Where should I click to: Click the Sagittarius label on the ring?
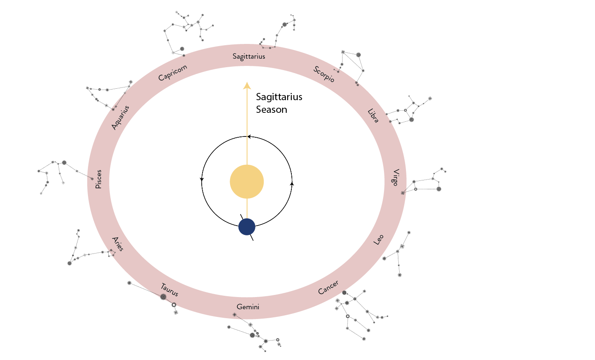tap(249, 56)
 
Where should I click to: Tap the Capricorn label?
tap(173, 73)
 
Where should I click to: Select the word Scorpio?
tap(324, 74)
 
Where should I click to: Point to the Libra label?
tap(373, 116)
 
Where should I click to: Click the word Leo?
tap(379, 240)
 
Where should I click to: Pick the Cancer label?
tap(328, 287)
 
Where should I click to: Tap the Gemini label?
tap(248, 307)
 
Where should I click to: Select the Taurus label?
tap(170, 289)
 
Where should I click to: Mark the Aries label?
tap(118, 244)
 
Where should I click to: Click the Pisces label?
tap(99, 179)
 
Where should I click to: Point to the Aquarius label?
tap(120, 117)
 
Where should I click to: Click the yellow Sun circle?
tap(247, 182)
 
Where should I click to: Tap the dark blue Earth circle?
tap(247, 227)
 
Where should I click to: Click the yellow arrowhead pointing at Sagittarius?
tap(247, 86)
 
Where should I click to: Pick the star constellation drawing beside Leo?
tap(398, 254)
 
